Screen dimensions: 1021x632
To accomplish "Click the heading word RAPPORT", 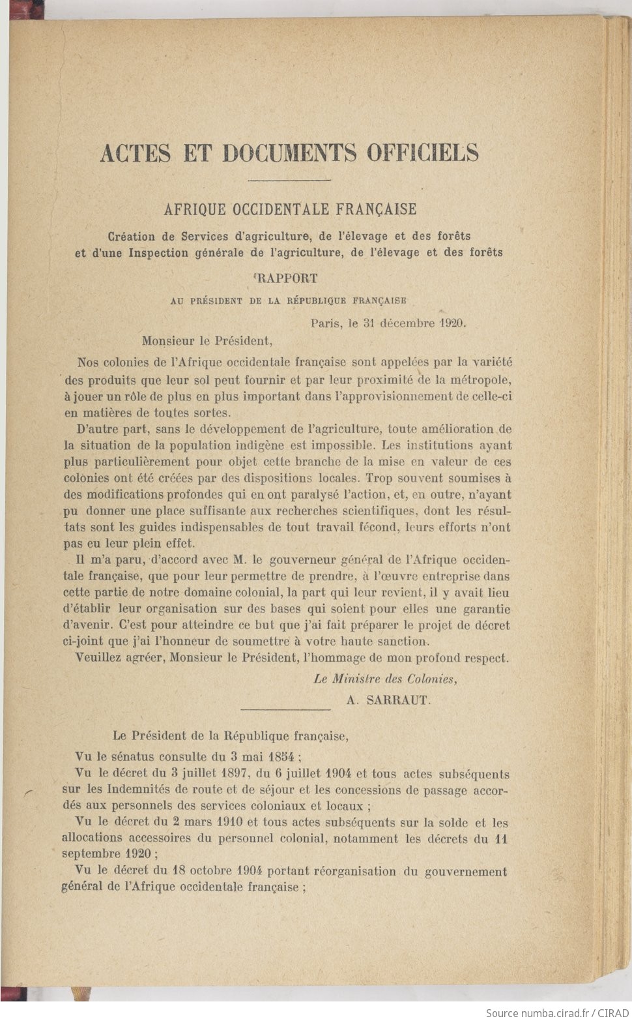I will pyautogui.click(x=287, y=278).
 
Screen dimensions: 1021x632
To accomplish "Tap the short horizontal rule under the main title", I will pyautogui.click(x=290, y=180).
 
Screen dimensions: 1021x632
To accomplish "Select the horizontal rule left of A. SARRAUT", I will pyautogui.click(x=286, y=709).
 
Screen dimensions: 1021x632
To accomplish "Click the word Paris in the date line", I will pyautogui.click(x=326, y=323).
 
